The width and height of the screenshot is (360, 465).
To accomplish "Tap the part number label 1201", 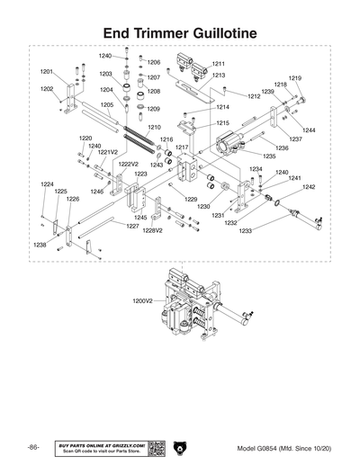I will [x=47, y=70].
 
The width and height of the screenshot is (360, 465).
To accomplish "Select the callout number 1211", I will [x=218, y=64].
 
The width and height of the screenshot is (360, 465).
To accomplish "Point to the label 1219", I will [x=294, y=78].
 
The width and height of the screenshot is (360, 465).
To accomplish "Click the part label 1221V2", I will [x=107, y=152].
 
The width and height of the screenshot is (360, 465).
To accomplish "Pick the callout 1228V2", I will [x=153, y=230].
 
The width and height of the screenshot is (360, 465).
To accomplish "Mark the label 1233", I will [x=246, y=231].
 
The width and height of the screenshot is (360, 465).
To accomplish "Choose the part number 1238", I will [x=40, y=245].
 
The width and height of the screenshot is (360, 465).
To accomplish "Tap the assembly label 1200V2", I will [x=143, y=300].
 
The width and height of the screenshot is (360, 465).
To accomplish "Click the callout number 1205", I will [x=106, y=104].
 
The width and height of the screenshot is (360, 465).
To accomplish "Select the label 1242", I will [x=308, y=187].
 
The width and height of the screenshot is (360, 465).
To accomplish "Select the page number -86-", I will [x=33, y=447].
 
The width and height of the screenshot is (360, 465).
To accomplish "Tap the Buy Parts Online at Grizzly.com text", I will [x=101, y=444].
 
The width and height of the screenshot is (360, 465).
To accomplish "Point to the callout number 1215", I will [x=222, y=122].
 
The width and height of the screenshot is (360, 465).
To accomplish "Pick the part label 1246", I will [x=97, y=191].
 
